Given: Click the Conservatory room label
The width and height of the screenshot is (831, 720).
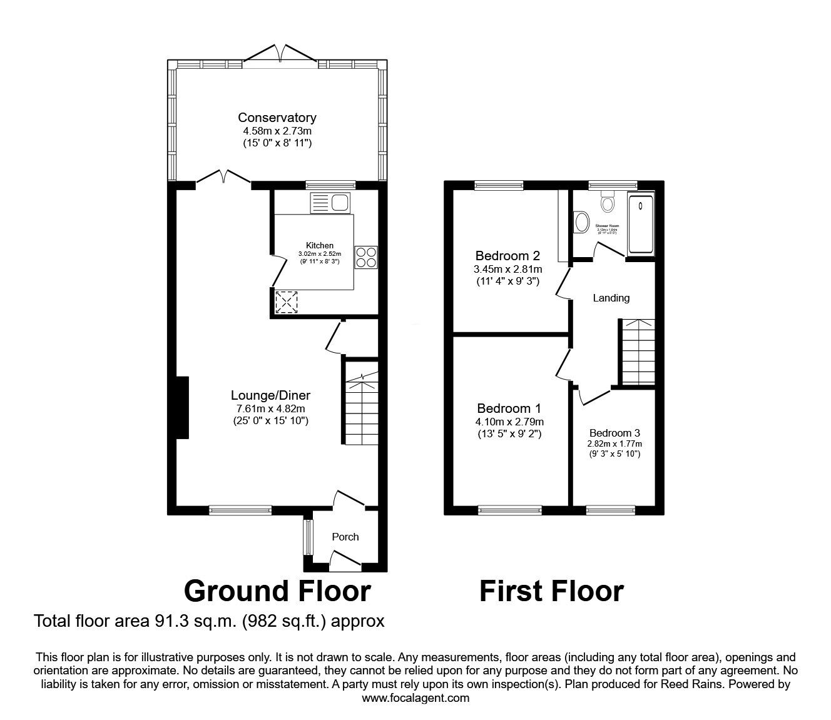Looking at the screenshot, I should coord(277,118).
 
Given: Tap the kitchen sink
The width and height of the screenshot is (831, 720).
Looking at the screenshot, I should coord(332,203).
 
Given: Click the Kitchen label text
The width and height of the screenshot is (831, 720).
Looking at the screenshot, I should coord(319,245).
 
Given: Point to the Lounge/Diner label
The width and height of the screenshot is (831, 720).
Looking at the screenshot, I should coord(270,395).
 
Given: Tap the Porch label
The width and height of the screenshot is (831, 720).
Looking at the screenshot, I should coord(345,537).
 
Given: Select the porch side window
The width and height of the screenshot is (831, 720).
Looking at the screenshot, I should coord(307,537).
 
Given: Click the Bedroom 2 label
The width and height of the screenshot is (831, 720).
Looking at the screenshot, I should coord(507,256).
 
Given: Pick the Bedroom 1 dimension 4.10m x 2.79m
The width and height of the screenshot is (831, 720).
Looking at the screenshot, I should coord(509,422).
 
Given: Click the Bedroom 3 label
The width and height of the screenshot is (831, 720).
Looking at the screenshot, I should coord(614,433).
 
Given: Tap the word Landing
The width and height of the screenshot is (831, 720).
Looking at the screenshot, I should coord(611,298).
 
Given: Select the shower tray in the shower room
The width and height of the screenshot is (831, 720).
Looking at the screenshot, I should coord(640,225).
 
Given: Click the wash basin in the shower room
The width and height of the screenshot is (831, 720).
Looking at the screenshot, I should coord(581,221).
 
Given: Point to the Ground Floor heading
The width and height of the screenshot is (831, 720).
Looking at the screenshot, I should coord(277,591).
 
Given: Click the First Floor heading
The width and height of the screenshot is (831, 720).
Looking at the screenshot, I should coord(551,591).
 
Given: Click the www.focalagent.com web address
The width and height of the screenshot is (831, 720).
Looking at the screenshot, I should coord(415,698).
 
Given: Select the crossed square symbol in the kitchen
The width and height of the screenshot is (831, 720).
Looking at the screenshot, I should coord(287,302).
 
